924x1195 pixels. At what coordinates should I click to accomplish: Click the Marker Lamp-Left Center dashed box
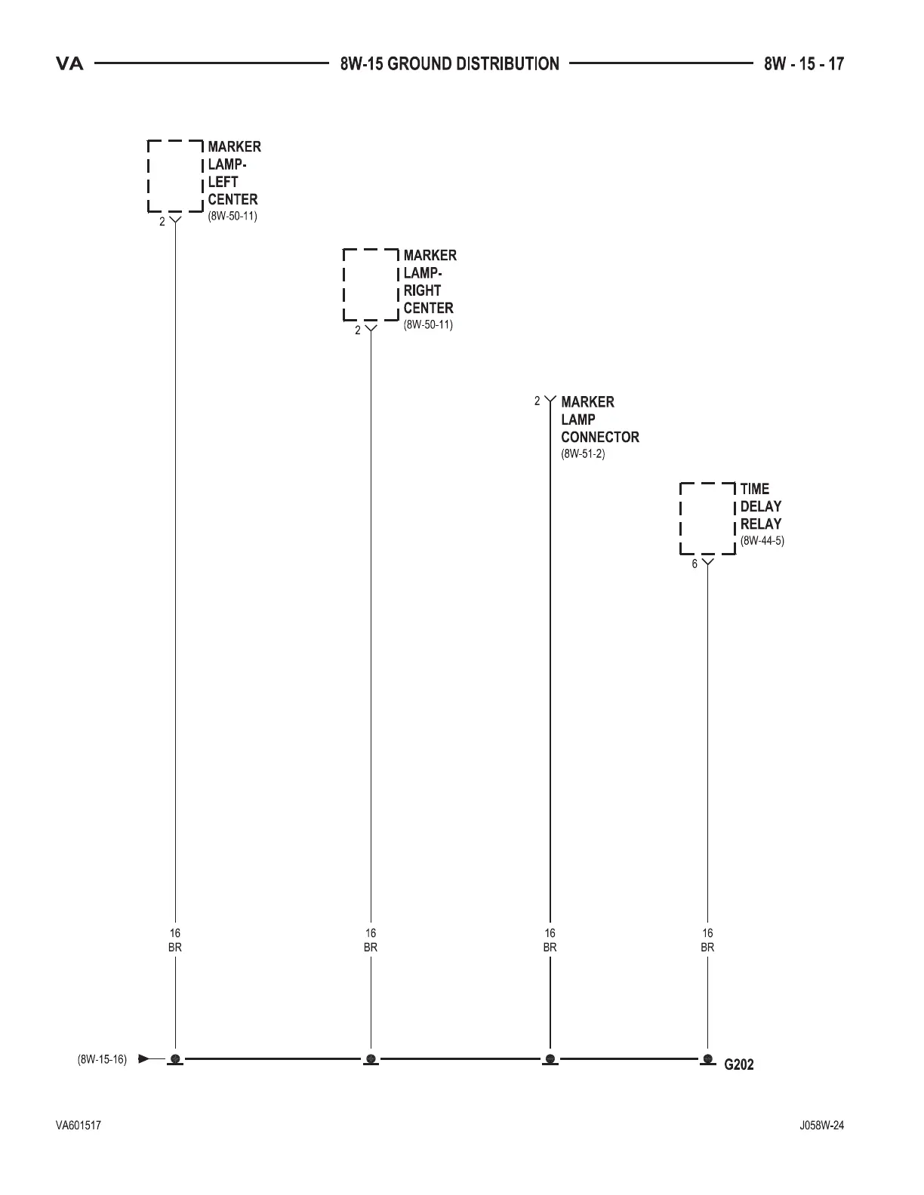[x=175, y=176]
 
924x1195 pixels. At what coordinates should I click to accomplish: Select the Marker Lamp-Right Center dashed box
[x=371, y=284]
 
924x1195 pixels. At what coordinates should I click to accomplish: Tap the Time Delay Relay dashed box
[x=707, y=518]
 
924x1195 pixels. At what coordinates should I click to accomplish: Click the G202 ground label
[x=739, y=1064]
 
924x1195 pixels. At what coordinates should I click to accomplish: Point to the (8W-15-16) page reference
[x=102, y=1059]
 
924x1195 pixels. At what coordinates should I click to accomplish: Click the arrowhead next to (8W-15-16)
[x=144, y=1058]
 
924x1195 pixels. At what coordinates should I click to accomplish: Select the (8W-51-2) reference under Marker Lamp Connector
[x=583, y=454]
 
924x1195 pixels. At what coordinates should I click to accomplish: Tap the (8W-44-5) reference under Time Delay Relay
[x=762, y=541]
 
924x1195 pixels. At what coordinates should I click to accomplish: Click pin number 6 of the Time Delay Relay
[x=695, y=564]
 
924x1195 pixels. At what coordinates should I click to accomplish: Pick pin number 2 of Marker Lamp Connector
[x=537, y=401]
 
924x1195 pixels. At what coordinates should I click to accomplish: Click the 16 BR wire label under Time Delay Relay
[x=707, y=941]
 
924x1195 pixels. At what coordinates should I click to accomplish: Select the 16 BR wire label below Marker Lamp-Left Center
[x=175, y=941]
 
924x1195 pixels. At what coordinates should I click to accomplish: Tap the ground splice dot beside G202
[x=707, y=1058]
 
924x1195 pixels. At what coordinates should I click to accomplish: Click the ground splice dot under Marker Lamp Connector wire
[x=550, y=1058]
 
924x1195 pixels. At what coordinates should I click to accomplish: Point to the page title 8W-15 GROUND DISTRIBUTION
[x=450, y=64]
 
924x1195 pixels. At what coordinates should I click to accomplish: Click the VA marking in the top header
[x=69, y=64]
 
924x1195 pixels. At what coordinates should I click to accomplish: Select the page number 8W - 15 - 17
[x=804, y=64]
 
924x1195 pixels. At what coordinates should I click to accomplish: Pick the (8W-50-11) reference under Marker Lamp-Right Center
[x=428, y=325]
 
